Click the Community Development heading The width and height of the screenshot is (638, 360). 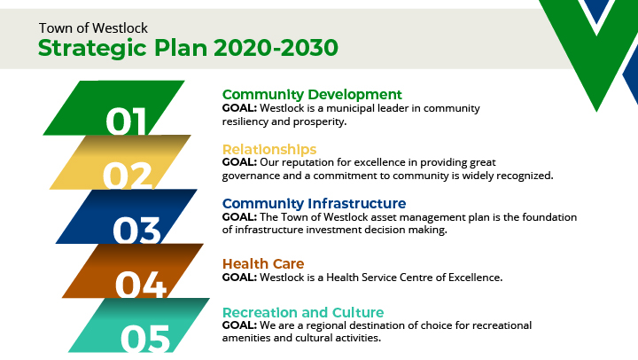pos(312,95)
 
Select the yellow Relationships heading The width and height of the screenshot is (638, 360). pos(269,149)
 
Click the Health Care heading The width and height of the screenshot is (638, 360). pos(263,264)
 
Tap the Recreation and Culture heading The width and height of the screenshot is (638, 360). pos(303,312)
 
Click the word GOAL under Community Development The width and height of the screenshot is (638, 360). pos(238,108)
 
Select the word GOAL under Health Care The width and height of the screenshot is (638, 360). pos(238,278)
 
